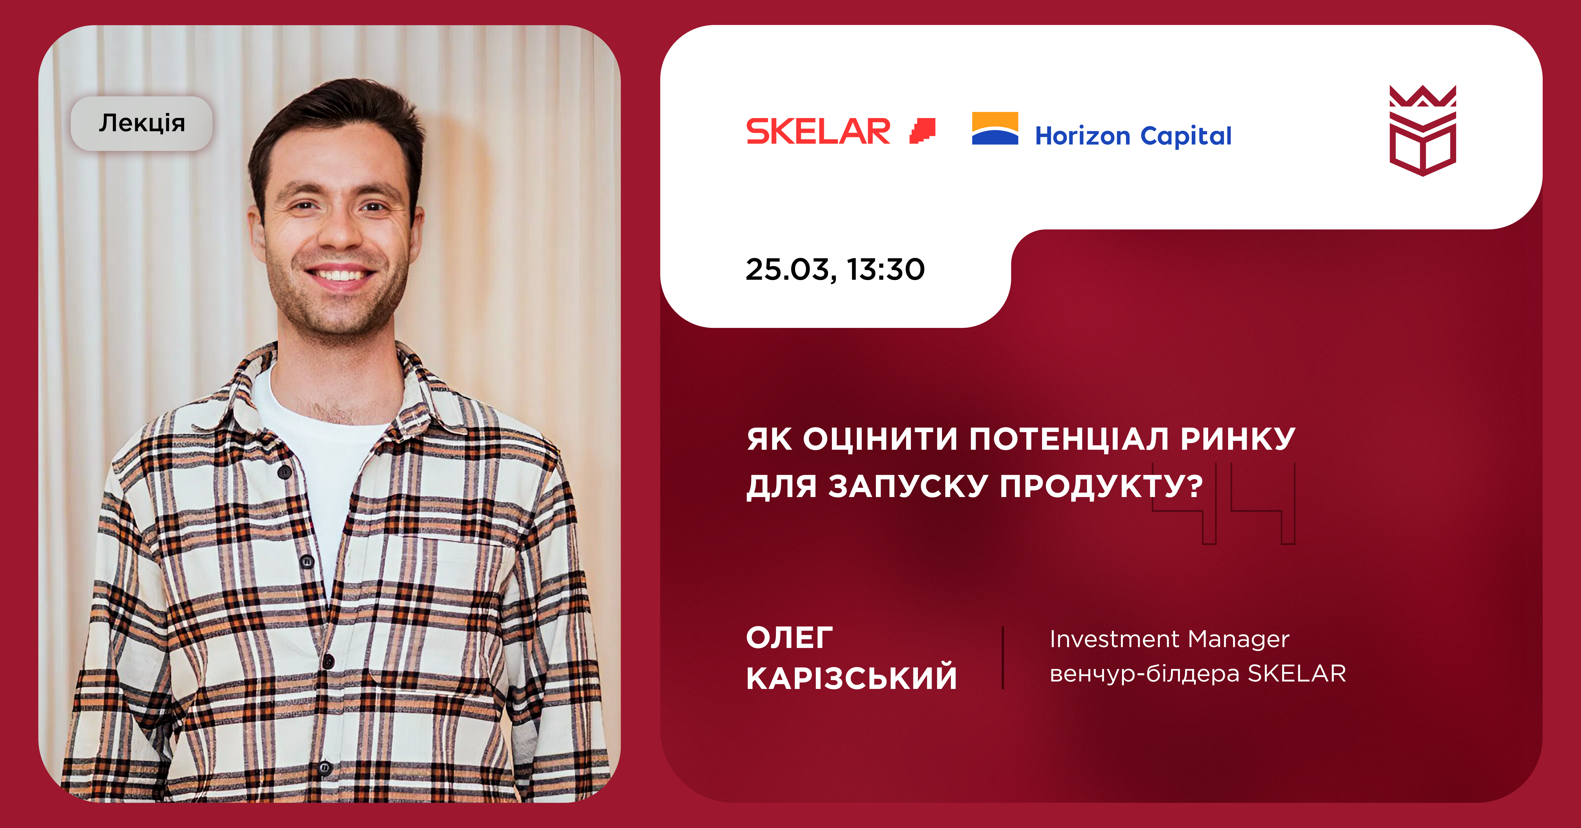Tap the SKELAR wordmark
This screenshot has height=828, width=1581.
(818, 131)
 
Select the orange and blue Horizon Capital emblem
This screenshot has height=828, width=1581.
(995, 128)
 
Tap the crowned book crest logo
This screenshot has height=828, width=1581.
(1423, 130)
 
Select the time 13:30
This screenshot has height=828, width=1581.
(886, 270)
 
